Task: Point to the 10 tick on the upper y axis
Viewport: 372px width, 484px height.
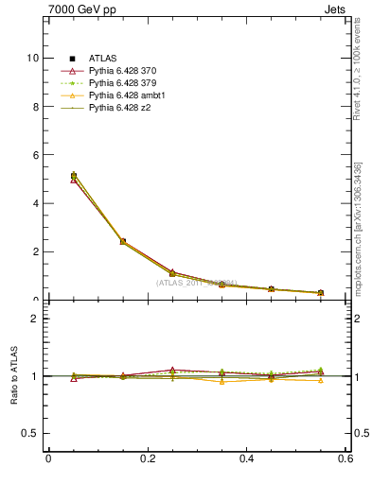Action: [33, 58]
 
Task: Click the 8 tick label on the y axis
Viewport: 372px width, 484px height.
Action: [36, 106]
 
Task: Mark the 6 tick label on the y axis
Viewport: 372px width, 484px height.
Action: [36, 155]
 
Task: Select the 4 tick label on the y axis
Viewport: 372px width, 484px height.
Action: [36, 203]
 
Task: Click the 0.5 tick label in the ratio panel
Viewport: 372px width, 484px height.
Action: [31, 433]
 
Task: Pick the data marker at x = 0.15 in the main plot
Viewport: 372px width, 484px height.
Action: [122, 242]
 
